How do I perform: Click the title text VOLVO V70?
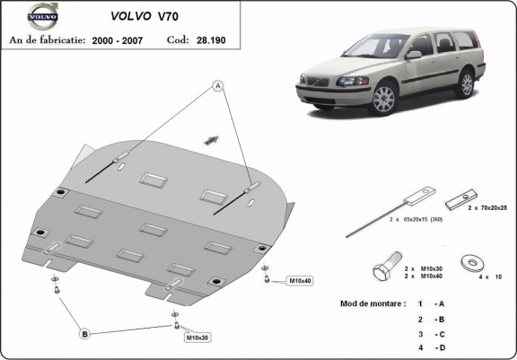[138, 15]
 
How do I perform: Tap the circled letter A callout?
[216, 85]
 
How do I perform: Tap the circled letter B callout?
[84, 334]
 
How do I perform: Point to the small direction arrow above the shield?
[213, 138]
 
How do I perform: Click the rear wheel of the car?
[465, 83]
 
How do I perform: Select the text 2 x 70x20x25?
[488, 206]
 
